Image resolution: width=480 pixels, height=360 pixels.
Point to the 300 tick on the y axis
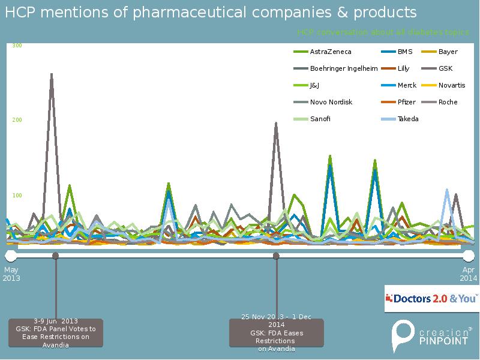[x=17, y=46]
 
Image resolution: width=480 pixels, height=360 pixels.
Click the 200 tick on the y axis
[x=17, y=120]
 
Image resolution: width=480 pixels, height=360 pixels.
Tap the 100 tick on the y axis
[x=17, y=196]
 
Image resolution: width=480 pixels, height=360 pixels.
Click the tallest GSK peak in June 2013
[x=52, y=75]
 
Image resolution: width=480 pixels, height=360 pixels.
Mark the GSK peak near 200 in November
[x=276, y=124]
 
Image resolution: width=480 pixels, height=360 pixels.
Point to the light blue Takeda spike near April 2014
[x=447, y=191]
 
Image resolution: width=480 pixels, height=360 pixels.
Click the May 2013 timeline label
[x=11, y=274]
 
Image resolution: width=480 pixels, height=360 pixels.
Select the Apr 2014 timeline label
[x=469, y=274]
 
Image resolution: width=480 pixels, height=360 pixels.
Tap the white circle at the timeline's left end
[x=11, y=256]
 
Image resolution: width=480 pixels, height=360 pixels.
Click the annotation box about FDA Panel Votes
[x=56, y=332]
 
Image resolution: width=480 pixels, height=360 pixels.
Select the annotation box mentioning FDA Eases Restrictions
[x=276, y=332]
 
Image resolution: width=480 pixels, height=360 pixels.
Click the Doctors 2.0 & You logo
[x=432, y=298]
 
